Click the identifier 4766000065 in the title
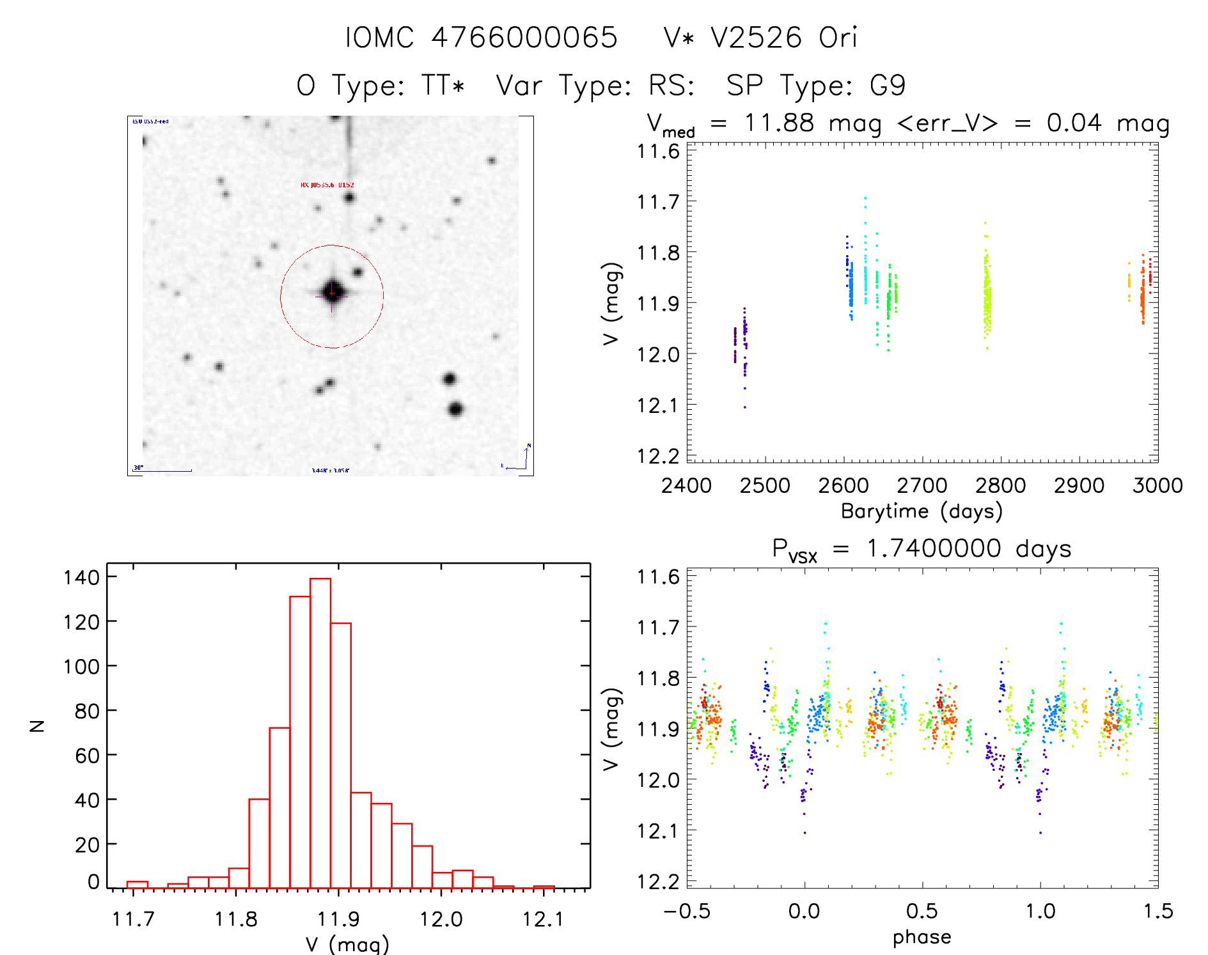[524, 38]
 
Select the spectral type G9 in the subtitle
[888, 86]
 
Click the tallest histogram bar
[320, 733]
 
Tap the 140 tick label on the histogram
[82, 577]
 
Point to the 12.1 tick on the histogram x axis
[543, 919]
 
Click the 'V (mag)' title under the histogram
[347, 944]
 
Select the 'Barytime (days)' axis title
[922, 511]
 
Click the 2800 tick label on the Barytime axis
[1000, 486]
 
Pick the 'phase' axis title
[922, 937]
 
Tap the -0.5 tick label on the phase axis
[687, 911]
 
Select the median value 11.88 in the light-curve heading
[779, 123]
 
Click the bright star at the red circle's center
[333, 292]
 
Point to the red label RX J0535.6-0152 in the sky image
[327, 185]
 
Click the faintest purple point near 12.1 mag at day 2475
[744, 407]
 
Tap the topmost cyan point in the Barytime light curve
[865, 198]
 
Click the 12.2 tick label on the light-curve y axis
[657, 456]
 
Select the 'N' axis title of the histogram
[38, 726]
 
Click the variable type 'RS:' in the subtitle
[671, 86]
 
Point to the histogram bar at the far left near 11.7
[137, 885]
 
